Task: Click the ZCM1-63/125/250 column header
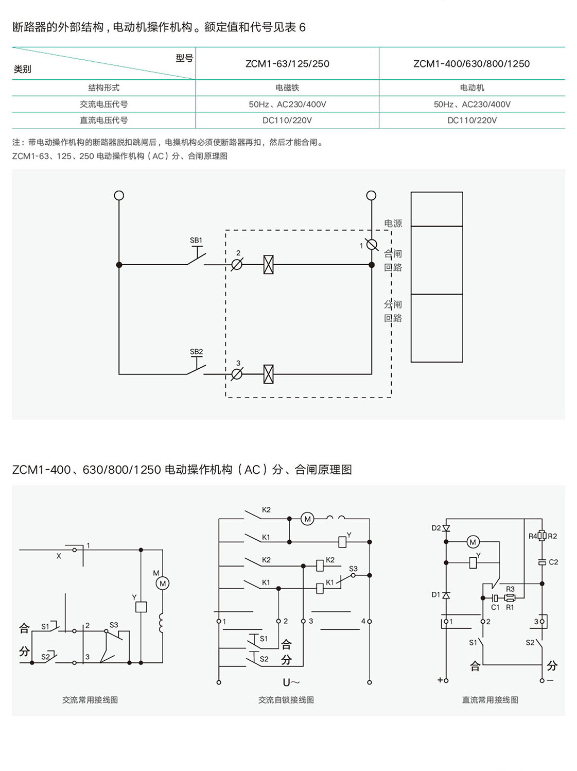click(287, 64)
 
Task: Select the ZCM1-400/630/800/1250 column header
click(471, 64)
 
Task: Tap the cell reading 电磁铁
click(287, 88)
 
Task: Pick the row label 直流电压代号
click(103, 121)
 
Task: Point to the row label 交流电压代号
click(103, 104)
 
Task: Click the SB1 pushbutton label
click(196, 241)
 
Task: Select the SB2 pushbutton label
click(196, 352)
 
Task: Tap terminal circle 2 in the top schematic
click(237, 265)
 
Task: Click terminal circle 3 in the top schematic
click(237, 374)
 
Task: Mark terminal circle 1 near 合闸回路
click(372, 244)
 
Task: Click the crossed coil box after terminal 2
click(268, 265)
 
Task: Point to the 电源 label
click(393, 224)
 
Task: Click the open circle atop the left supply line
click(119, 195)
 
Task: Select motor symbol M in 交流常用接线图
click(163, 584)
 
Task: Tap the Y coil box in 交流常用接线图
click(141, 607)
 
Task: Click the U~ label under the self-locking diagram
click(291, 682)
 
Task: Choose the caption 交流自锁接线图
click(286, 700)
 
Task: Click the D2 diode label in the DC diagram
click(436, 528)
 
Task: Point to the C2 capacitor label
click(553, 562)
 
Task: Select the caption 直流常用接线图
click(489, 700)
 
